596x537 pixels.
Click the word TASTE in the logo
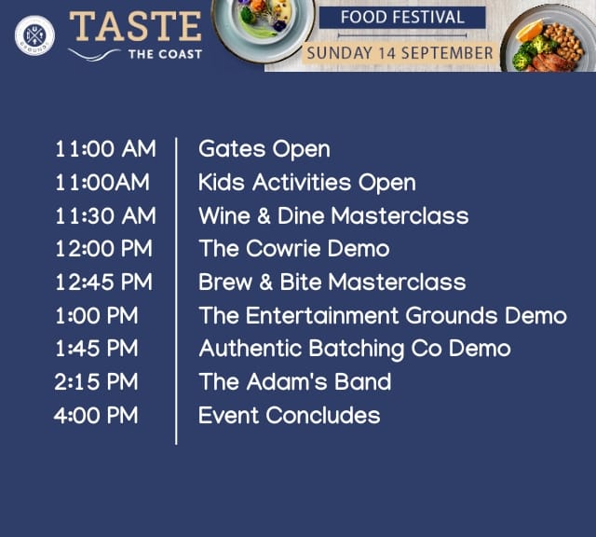(135, 26)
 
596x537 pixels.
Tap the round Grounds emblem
(34, 35)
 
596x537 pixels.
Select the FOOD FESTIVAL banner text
(402, 17)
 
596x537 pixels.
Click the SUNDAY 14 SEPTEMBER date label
(400, 53)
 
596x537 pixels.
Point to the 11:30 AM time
(105, 215)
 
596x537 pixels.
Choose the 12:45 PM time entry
(103, 282)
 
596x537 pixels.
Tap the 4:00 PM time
(96, 415)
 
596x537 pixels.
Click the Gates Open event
(264, 149)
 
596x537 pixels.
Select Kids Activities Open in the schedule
(307, 183)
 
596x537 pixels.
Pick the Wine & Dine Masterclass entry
(333, 215)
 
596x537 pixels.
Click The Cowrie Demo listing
(294, 249)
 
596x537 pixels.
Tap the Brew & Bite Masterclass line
(332, 282)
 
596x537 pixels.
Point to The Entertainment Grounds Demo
(383, 315)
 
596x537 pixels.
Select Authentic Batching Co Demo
(355, 350)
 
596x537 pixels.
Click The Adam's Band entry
(295, 381)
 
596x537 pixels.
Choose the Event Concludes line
(290, 415)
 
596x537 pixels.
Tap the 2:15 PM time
(96, 381)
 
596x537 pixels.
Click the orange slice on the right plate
(530, 31)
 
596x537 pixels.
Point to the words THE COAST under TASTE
(165, 54)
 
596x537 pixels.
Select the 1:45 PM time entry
(97, 349)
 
